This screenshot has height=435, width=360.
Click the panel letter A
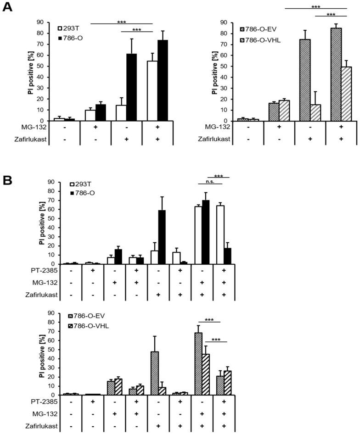pyautogui.click(x=8, y=8)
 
